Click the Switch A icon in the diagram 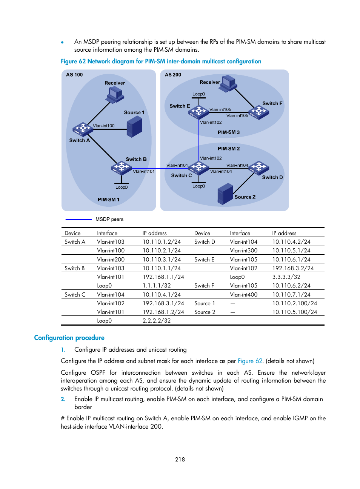pos(83,129)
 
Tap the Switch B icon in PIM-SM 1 pos(121,167)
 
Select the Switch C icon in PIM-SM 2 pos(199,167)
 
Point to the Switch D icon pos(259,167)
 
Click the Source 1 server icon pos(135,126)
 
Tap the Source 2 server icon pos(225,194)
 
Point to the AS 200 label pos(173,75)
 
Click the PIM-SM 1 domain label pos(108,200)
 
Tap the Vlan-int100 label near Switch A pos(104,126)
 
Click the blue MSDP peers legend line pos(78,219)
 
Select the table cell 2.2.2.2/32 pos(157,321)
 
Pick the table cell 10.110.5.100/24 pos(295,312)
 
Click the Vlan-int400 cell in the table pos(244,295)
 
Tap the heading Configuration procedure pos(69,338)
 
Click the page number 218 pos(180,459)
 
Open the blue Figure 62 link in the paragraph pos(250,361)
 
